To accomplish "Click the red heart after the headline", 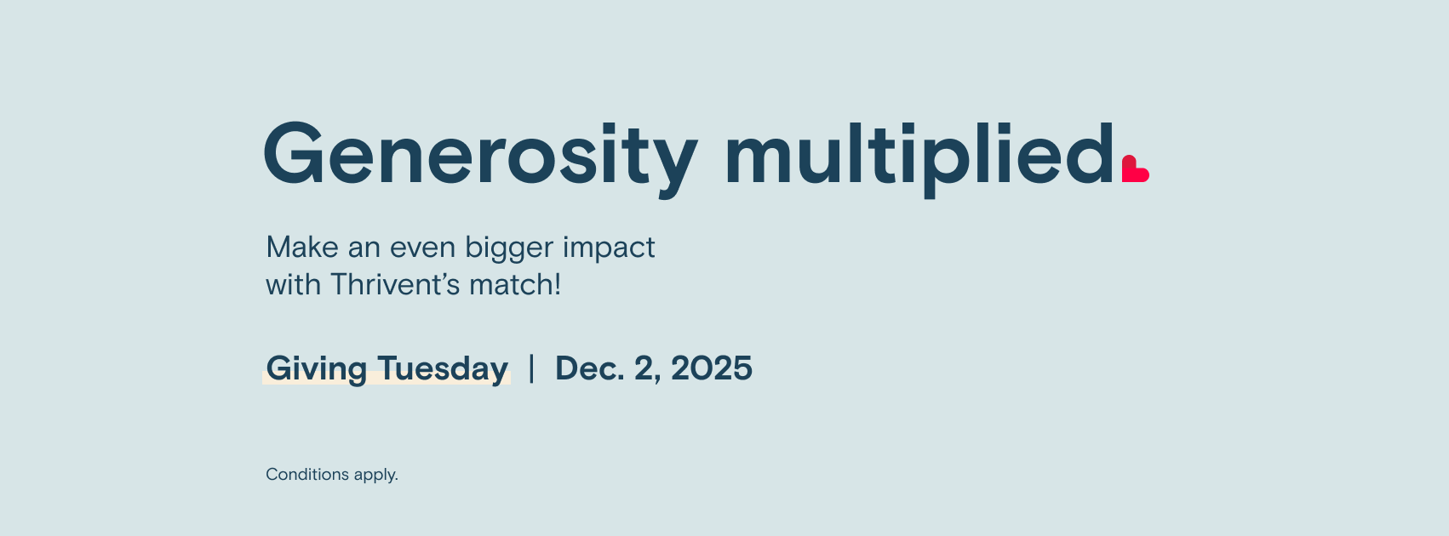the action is tap(1135, 168).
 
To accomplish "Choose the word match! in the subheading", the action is tap(515, 285).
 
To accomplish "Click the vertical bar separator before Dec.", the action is tap(532, 368).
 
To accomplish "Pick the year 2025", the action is tap(712, 368).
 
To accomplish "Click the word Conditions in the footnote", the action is tap(307, 475).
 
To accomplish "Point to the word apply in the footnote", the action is tap(375, 476).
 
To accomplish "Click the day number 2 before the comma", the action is tap(644, 368).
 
